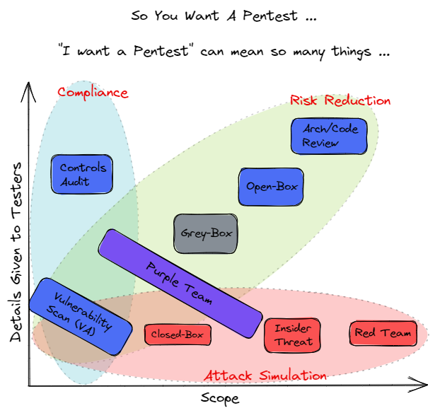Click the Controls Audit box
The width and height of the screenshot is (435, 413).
point(83,175)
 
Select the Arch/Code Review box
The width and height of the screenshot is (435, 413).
point(322,136)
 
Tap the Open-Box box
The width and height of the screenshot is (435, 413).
point(272,187)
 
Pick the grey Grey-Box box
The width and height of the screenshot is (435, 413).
point(206,233)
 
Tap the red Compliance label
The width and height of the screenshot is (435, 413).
point(93,93)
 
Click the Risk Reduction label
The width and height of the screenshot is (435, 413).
point(340,100)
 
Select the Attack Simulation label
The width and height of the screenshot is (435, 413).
point(265,376)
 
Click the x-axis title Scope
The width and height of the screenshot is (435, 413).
point(220,398)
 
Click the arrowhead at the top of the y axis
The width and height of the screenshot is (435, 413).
point(28,88)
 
